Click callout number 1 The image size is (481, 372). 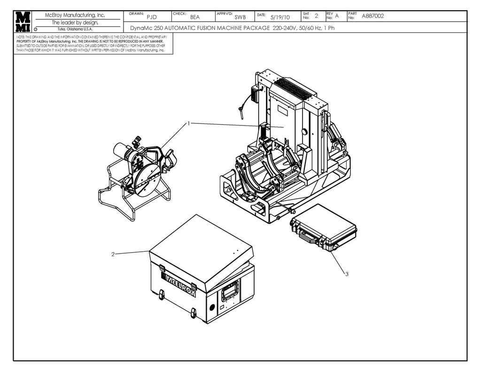188,124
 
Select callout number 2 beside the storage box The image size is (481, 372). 113,254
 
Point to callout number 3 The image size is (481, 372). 347,274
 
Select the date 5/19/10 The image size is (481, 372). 280,17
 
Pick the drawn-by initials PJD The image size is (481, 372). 151,17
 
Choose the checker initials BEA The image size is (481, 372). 195,17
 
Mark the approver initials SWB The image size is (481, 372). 240,17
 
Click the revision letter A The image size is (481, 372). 337,16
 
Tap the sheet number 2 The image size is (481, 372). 316,16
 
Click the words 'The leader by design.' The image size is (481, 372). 75,22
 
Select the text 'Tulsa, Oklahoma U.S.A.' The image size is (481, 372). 75,29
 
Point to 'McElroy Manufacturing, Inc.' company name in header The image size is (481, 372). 75,15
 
